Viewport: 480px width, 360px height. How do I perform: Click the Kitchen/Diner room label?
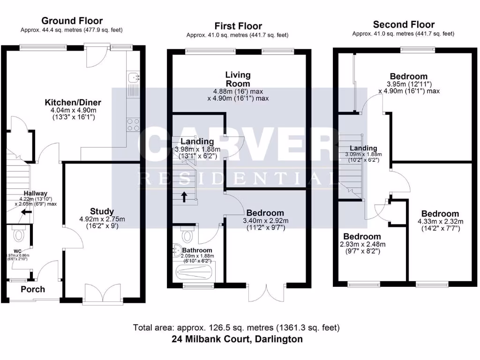pyautogui.click(x=73, y=102)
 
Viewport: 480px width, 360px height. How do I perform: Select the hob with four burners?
pyautogui.click(x=133, y=124)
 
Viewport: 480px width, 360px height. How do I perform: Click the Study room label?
pyautogui.click(x=102, y=211)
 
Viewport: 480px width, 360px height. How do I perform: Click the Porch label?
pyautogui.click(x=32, y=289)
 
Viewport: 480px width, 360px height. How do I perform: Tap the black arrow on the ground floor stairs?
pyautogui.click(x=27, y=212)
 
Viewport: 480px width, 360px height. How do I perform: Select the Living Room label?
pyautogui.click(x=238, y=79)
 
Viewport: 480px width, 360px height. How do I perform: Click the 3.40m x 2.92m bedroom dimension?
pyautogui.click(x=265, y=221)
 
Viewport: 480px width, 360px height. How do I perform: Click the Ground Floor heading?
pyautogui.click(x=72, y=21)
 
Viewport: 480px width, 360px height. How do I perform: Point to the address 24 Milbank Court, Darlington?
pyautogui.click(x=236, y=339)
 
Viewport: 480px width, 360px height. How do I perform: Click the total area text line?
pyautogui.click(x=236, y=327)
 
